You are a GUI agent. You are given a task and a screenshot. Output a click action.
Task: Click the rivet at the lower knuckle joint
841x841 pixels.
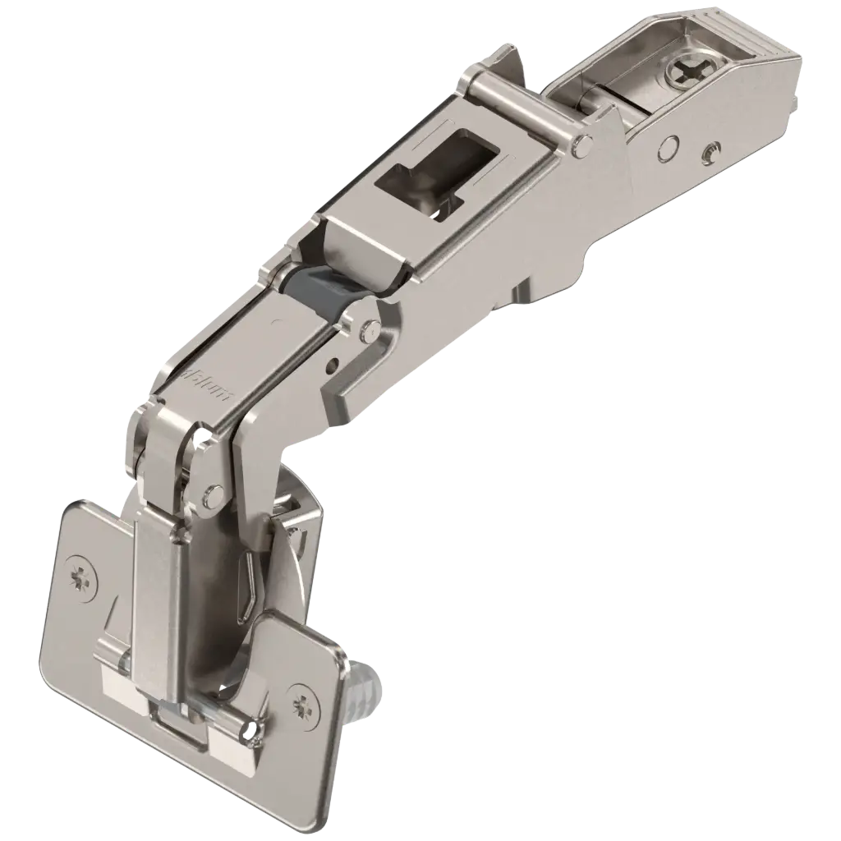pos(214,494)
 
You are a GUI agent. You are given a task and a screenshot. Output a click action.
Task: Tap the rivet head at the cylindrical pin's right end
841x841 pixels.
pos(582,146)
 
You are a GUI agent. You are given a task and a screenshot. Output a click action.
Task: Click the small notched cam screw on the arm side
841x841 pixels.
pos(710,151)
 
